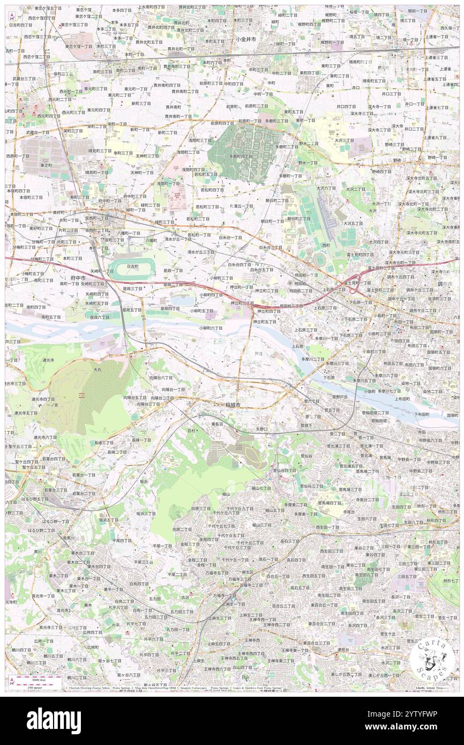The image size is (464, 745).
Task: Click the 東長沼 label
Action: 216,423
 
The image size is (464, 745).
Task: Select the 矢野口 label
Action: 261,429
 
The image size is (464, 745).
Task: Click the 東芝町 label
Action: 46,165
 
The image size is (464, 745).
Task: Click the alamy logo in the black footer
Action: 54,721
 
